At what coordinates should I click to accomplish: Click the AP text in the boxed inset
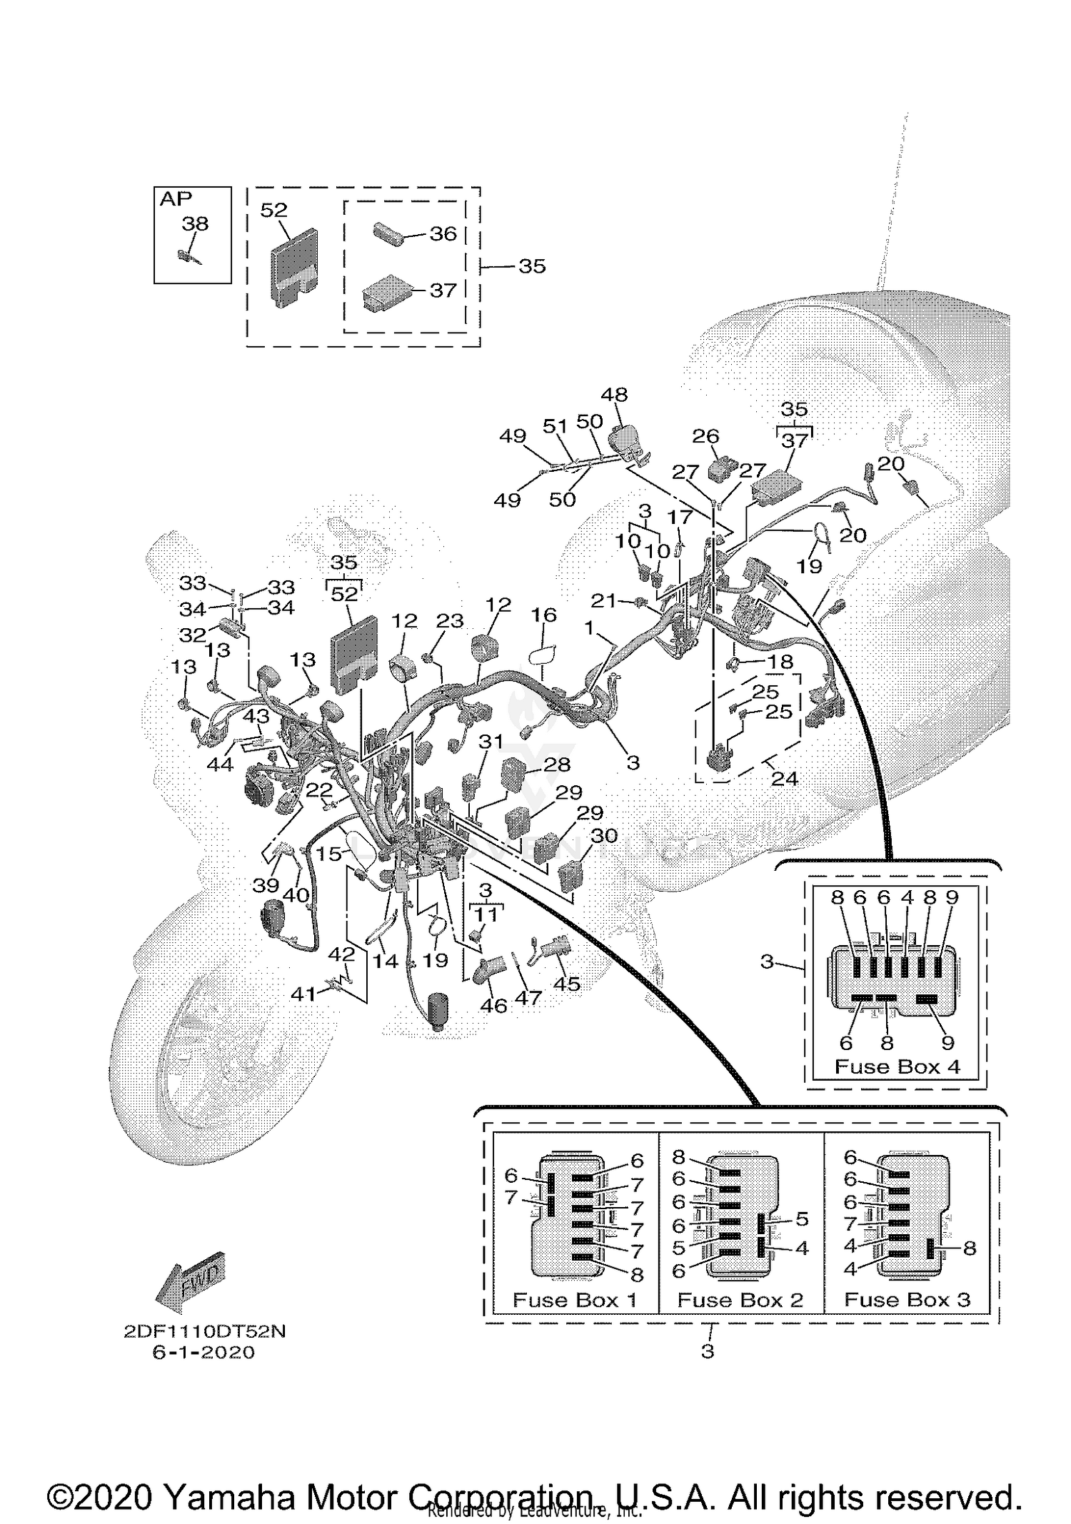[176, 199]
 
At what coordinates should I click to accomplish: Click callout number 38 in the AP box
[195, 224]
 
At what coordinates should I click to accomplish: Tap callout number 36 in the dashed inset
[443, 234]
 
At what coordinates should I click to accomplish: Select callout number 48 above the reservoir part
[614, 395]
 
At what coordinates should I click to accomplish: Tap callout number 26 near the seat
[705, 436]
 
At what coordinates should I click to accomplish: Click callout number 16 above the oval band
[543, 615]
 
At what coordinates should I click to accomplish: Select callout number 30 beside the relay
[604, 834]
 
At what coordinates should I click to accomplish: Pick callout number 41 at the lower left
[303, 993]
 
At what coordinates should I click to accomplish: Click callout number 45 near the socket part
[567, 984]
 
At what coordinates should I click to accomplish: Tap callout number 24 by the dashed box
[784, 778]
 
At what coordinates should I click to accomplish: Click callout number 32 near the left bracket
[193, 635]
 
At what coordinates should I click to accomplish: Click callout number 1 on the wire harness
[589, 628]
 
